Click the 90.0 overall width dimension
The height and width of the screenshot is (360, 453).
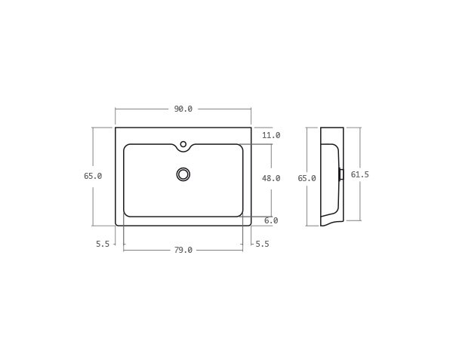point(183,109)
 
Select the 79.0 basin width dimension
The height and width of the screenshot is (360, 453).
point(183,250)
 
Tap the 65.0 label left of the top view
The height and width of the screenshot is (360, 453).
point(93,176)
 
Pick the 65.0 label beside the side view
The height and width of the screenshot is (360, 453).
point(307,178)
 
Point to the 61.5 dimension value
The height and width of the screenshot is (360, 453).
point(360,174)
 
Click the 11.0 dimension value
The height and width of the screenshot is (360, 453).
point(271,135)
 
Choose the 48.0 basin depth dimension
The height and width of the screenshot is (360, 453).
point(271,178)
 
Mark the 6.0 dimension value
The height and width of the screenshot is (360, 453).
point(271,220)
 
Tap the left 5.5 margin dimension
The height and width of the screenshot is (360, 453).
point(103,244)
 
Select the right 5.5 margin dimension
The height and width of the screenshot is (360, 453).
point(262,244)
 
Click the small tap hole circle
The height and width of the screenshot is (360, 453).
point(183,144)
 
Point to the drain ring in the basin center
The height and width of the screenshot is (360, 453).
point(183,174)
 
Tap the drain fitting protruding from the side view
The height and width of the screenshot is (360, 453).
point(341,174)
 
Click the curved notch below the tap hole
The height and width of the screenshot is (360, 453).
point(183,150)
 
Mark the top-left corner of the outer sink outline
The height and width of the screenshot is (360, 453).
point(116,128)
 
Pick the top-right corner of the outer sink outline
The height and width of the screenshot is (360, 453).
point(251,128)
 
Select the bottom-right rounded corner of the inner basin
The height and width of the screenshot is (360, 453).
point(240,214)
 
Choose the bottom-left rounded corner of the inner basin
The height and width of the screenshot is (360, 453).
point(127,214)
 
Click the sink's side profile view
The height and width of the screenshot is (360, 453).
point(331,175)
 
